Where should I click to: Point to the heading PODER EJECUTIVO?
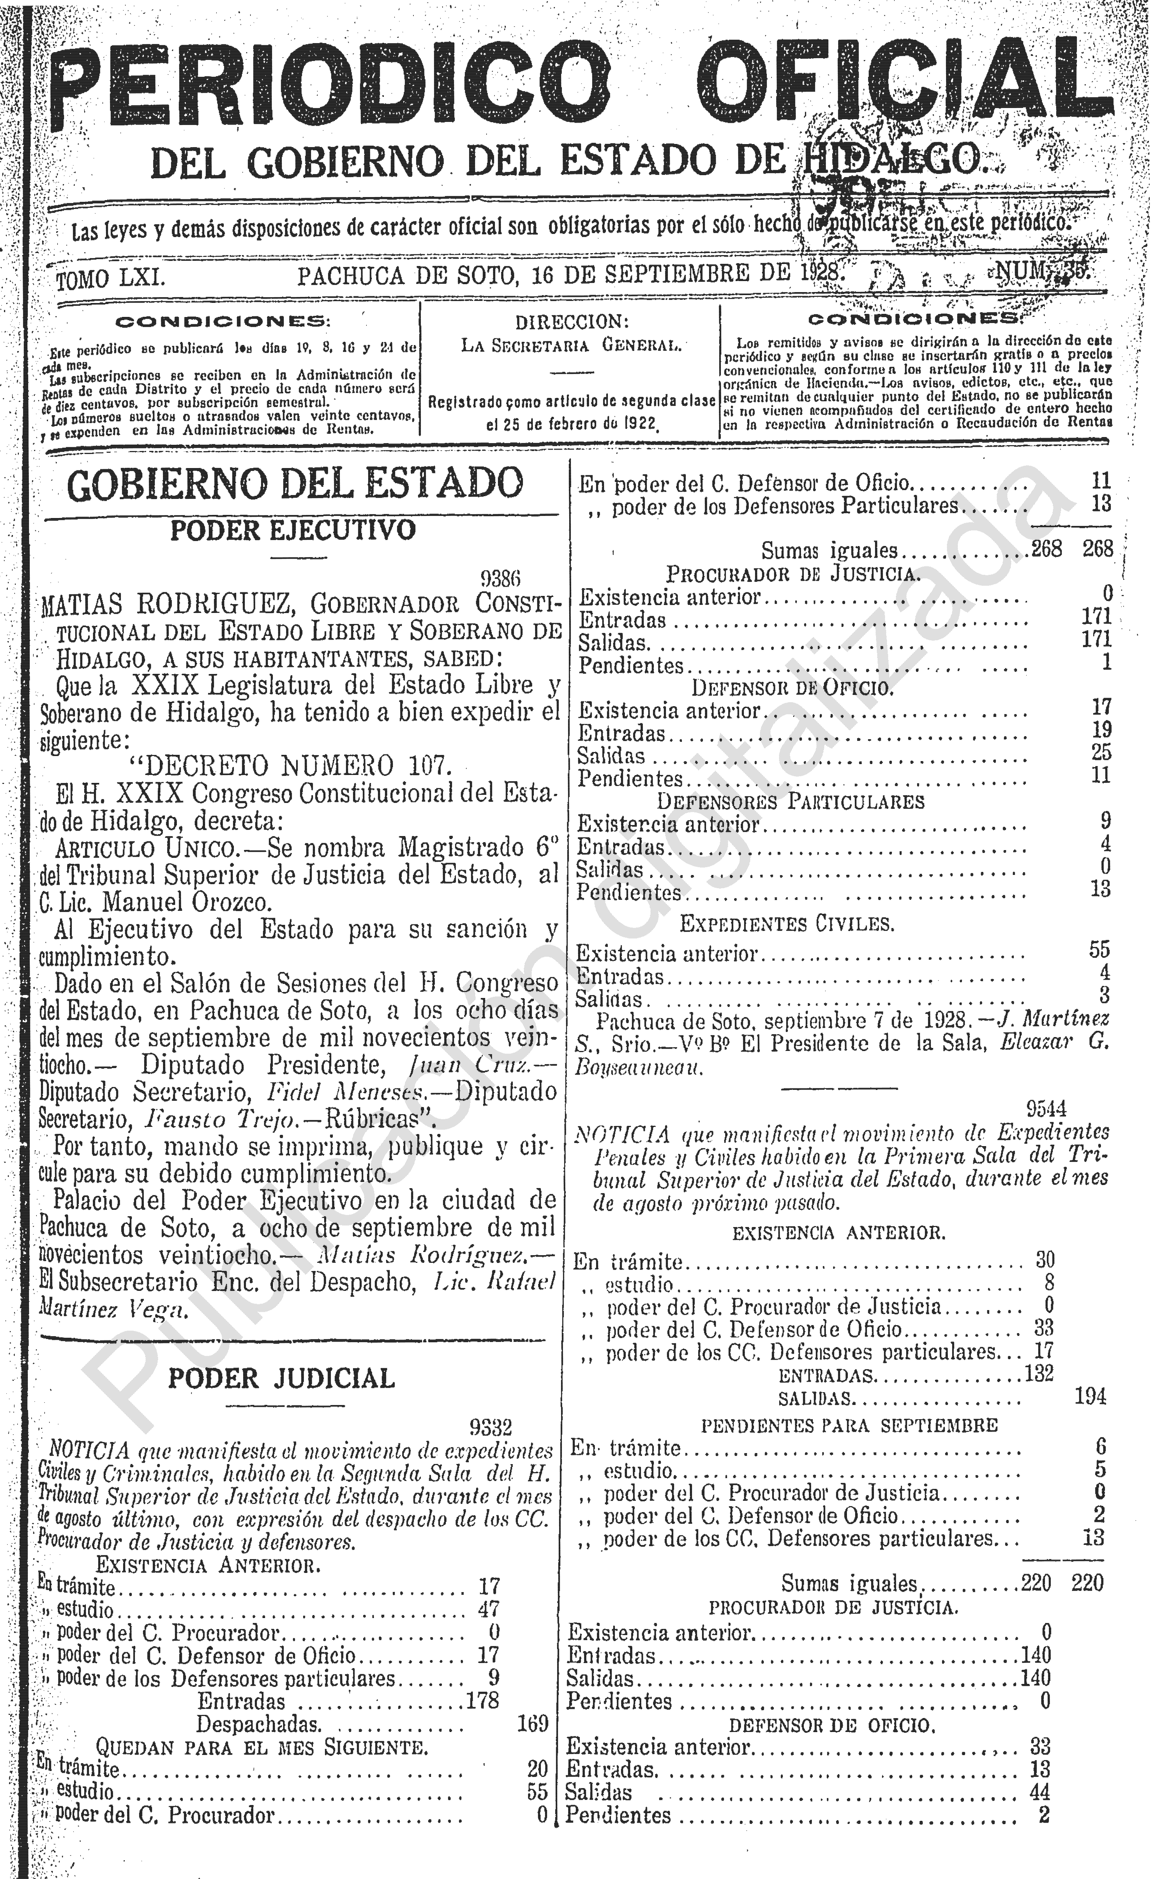tap(293, 530)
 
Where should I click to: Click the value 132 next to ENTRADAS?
tap(1039, 1374)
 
